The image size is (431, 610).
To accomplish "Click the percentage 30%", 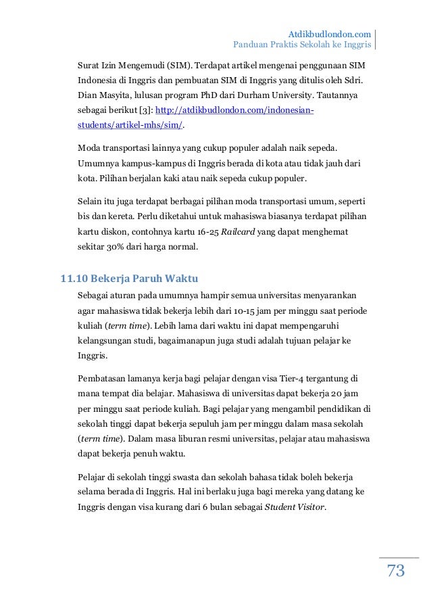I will tap(121, 246).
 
